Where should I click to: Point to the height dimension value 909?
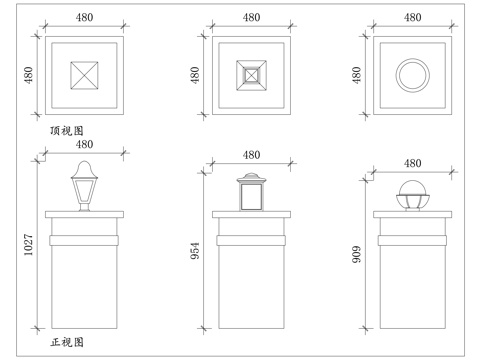pyautogui.click(x=359, y=254)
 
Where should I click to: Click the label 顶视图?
pyautogui.click(x=66, y=131)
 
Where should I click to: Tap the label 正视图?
pyautogui.click(x=66, y=343)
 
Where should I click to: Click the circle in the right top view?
pyautogui.click(x=411, y=75)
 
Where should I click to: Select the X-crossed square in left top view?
pyautogui.click(x=85, y=76)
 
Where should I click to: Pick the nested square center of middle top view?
pyautogui.click(x=252, y=76)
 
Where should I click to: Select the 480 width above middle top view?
pyautogui.click(x=251, y=17)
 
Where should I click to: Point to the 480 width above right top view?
pyautogui.click(x=411, y=17)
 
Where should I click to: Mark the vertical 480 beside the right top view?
pyautogui.click(x=359, y=76)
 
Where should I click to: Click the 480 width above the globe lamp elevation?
pyautogui.click(x=411, y=163)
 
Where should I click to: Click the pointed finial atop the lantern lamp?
pyautogui.click(x=85, y=167)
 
